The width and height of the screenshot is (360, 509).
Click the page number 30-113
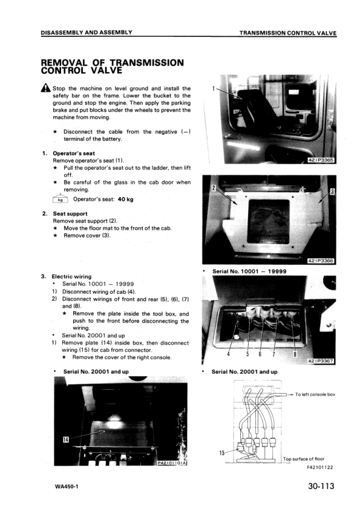321,486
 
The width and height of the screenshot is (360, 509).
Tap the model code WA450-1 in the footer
67,487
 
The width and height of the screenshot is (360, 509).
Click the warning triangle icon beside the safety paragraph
46,88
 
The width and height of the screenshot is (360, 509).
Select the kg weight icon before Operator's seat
61,199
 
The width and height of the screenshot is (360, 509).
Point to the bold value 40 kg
126,199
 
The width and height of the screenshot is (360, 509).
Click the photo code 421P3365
321,160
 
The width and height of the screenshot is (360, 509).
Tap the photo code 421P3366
321,261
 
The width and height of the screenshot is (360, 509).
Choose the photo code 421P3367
321,361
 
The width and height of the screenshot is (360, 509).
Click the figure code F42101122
319,467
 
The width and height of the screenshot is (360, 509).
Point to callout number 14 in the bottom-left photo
65,439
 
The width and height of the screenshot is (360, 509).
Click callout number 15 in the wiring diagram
222,453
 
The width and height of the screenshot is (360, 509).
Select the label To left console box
315,394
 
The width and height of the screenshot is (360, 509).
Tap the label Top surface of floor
304,459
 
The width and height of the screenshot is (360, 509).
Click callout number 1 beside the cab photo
213,88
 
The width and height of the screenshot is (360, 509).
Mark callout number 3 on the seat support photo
332,192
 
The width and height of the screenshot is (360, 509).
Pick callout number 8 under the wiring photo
295,354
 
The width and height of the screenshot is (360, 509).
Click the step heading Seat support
70,213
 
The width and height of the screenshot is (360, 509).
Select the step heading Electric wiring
71,277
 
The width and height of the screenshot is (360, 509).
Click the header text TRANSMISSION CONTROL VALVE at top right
288,33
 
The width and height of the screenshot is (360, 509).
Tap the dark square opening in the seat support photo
269,221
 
